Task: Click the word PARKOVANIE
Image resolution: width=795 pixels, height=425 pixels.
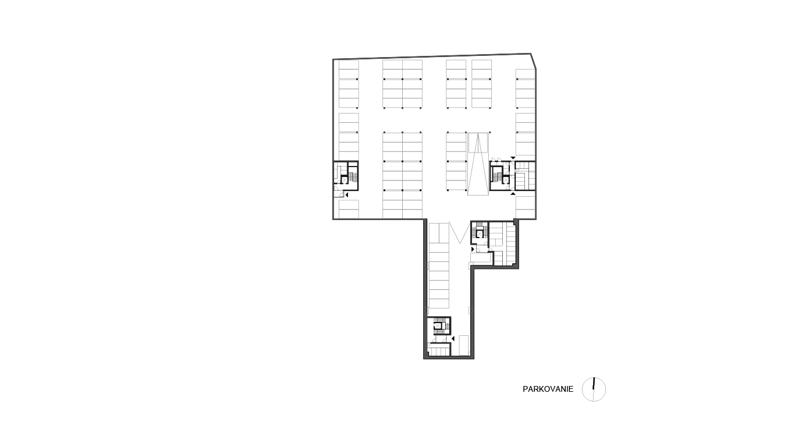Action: pos(548,389)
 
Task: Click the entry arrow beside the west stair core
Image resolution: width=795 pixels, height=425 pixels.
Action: pos(347,195)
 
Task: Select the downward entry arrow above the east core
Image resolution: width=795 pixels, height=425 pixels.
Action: pos(513,158)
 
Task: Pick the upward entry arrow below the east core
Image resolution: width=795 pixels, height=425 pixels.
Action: pos(513,193)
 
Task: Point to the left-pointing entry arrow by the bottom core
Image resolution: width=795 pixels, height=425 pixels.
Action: pos(453,339)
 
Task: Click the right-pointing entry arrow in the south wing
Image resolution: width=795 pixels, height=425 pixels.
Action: pos(473,249)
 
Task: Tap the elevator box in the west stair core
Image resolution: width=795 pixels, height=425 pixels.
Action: pos(344,180)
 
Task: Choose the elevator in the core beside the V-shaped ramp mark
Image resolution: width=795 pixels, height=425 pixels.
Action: pos(480,233)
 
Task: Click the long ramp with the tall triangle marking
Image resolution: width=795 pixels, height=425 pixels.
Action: pos(478,164)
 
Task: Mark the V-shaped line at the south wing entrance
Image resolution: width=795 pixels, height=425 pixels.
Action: pos(460,232)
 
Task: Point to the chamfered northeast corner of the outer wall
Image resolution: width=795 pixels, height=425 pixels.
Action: pos(534,61)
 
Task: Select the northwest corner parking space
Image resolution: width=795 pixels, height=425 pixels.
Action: pos(349,65)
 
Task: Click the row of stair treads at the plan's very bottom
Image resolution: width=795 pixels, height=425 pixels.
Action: pos(439,352)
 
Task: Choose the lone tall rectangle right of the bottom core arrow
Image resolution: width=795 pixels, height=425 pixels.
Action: pos(464,345)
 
